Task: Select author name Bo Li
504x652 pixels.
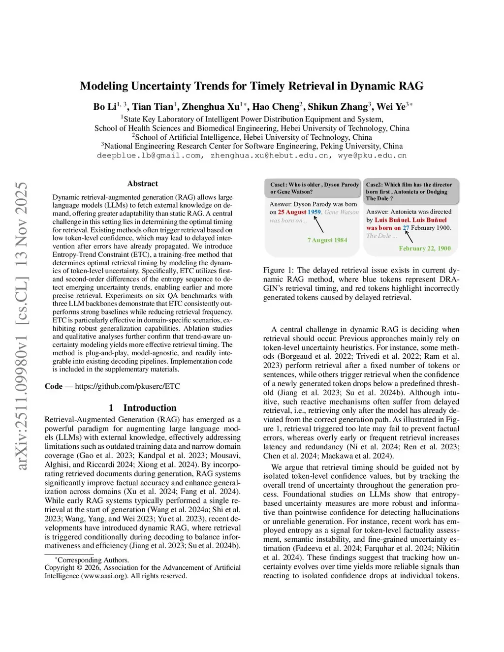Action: [105, 107]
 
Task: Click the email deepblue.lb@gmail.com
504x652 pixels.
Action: [149, 155]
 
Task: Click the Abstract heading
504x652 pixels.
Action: [143, 184]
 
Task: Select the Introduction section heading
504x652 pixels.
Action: [150, 408]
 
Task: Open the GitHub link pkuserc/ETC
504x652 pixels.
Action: [127, 386]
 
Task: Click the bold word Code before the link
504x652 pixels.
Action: [54, 386]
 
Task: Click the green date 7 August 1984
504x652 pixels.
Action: [327, 240]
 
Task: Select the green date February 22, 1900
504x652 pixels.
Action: [425, 248]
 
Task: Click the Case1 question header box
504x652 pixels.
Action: [313, 188]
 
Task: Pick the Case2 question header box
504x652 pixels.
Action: [410, 191]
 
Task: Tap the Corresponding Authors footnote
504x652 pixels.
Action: [93, 560]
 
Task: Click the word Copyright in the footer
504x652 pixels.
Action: [60, 567]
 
